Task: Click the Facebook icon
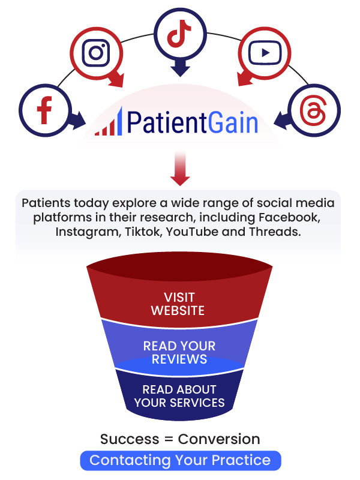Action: tap(44, 110)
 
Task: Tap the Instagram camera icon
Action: tap(96, 53)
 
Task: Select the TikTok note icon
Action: tap(179, 34)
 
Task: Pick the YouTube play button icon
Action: tap(265, 53)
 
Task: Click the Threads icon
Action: tap(313, 110)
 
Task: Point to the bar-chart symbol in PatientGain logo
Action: tap(109, 122)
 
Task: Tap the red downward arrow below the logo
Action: tap(180, 168)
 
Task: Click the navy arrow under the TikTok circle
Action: tap(181, 68)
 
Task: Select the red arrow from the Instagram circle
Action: tap(116, 80)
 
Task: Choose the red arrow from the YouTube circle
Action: tap(246, 79)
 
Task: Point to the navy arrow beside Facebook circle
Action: tap(77, 121)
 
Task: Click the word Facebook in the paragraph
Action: tap(289, 217)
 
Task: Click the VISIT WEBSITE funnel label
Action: tap(178, 304)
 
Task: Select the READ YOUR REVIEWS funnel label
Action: tap(179, 353)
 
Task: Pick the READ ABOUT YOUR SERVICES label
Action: tap(179, 396)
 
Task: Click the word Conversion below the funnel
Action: tap(219, 439)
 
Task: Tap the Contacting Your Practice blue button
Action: tap(181, 460)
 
